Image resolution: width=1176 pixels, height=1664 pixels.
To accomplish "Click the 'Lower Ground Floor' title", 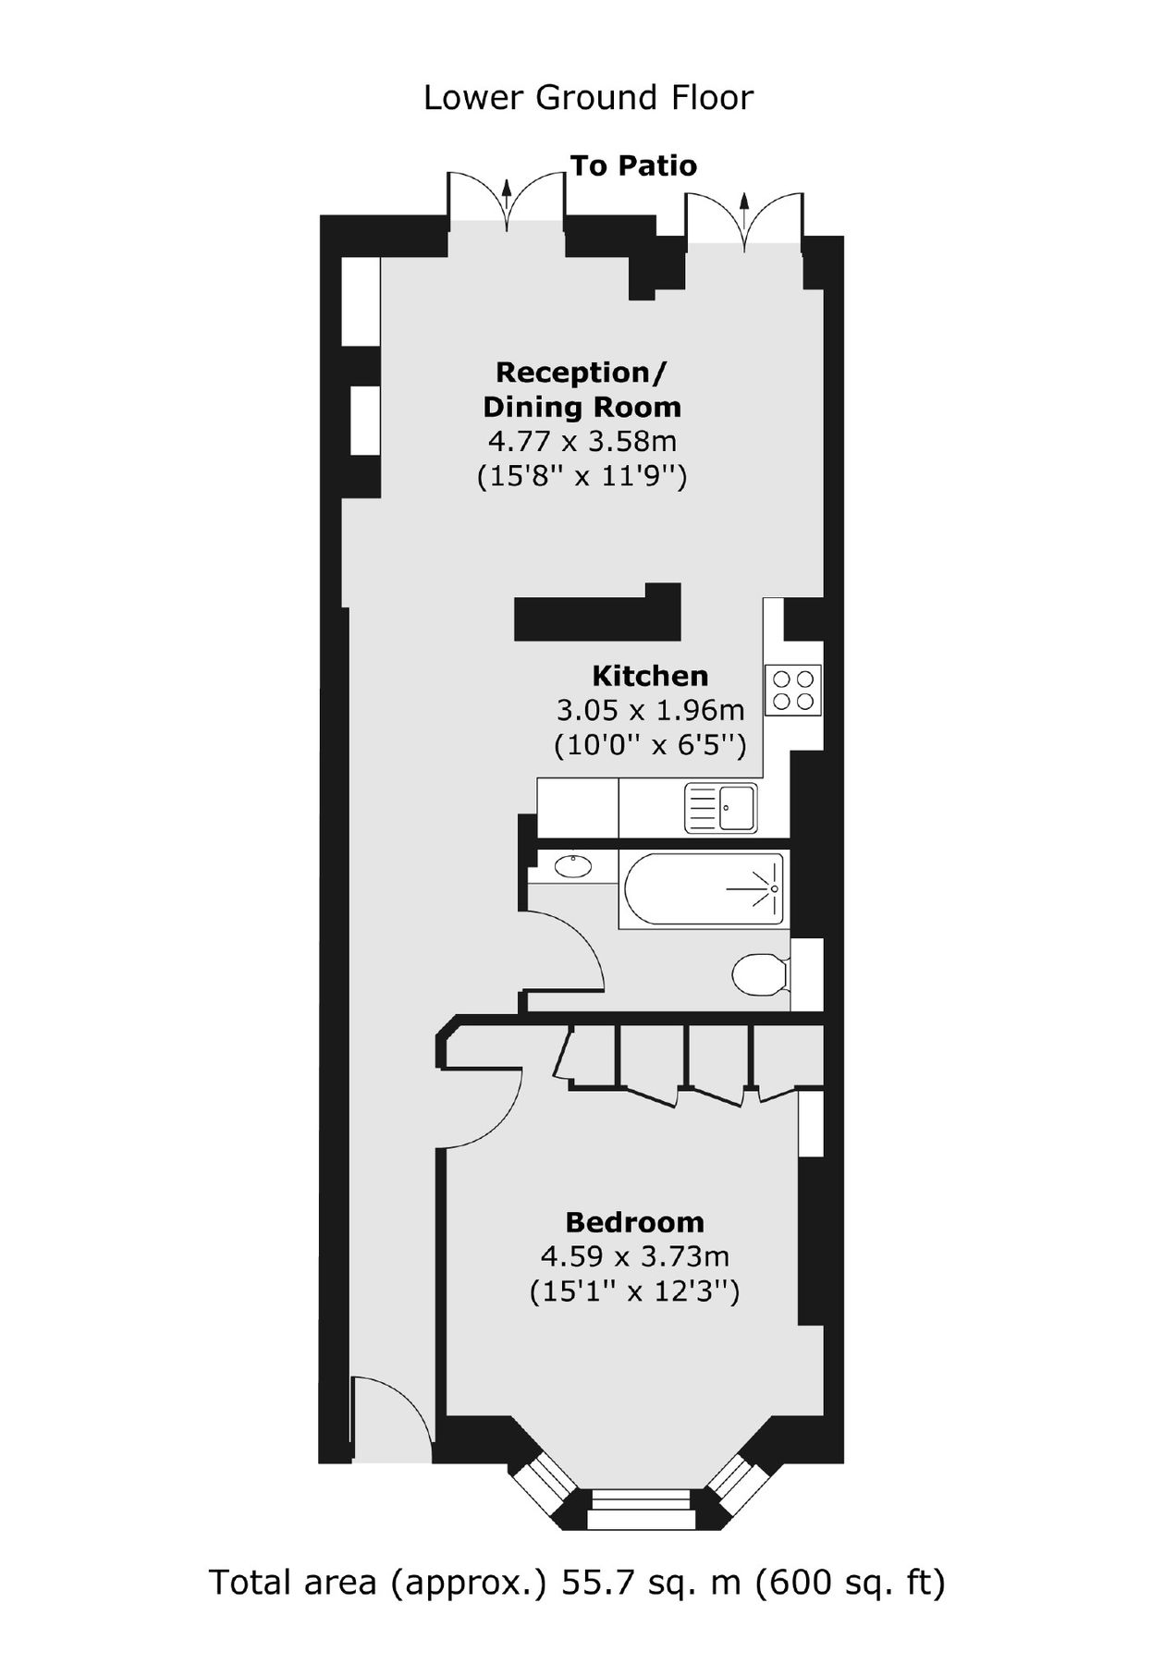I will (588, 97).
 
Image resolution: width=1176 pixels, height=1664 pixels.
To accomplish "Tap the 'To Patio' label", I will (633, 166).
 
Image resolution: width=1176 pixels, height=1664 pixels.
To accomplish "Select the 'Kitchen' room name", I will (650, 676).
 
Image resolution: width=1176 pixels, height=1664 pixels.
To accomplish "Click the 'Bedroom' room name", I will (634, 1222).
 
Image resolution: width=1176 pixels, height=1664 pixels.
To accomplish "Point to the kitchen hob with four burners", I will (793, 691).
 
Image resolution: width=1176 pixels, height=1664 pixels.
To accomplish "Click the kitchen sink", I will (720, 807).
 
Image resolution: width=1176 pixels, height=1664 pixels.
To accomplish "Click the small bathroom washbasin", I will (574, 867).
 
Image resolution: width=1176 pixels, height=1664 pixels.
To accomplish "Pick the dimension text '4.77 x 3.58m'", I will (582, 441).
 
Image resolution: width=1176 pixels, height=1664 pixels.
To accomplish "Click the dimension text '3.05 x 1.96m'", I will (650, 710).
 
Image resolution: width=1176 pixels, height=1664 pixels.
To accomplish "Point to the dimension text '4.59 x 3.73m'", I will (634, 1256).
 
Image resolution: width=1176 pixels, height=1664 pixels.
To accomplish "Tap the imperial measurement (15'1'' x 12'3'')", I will (634, 1291).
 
